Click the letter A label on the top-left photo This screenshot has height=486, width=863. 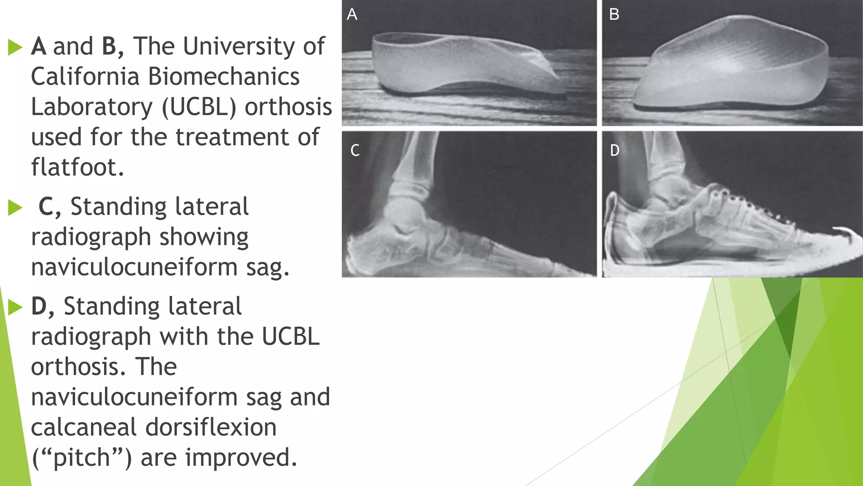click(352, 15)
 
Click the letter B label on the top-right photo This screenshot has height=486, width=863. click(614, 15)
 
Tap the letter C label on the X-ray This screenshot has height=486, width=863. click(355, 151)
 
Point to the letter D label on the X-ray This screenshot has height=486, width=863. click(614, 151)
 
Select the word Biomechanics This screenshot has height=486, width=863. click(224, 77)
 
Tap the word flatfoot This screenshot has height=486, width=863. click(78, 167)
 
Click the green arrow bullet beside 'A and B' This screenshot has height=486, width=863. click(15, 47)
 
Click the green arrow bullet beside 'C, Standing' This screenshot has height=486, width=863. click(15, 208)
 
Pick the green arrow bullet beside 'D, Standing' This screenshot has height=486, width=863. click(15, 307)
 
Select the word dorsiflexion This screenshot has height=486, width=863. click(211, 427)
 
